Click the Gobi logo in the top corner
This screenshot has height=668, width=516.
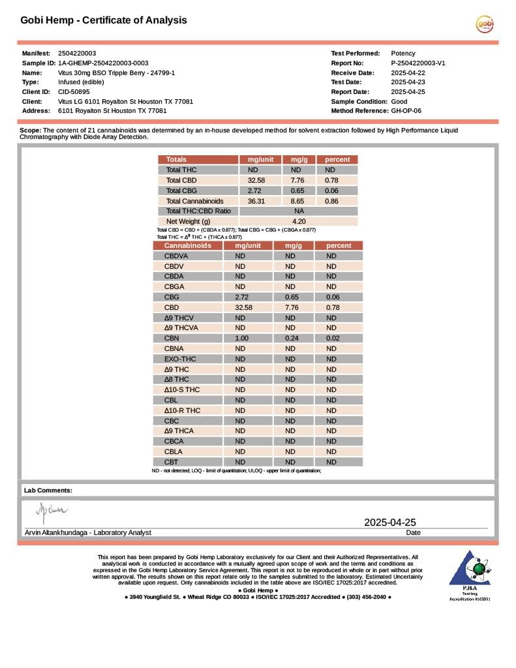pos(484,24)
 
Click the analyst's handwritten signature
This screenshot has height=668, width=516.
pos(52,511)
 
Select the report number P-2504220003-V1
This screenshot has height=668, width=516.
pos(417,63)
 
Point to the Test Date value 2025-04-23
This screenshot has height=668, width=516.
pos(408,82)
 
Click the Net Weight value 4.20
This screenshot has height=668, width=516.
pos(299,222)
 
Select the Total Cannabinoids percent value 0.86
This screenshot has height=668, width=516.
pos(331,201)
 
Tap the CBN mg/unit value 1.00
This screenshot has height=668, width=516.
pos(241,338)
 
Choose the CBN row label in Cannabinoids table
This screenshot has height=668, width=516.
pos(172,338)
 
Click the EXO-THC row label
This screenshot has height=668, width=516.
pos(179,359)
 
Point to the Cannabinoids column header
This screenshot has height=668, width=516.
pos(187,246)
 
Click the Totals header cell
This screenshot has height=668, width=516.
pos(176,159)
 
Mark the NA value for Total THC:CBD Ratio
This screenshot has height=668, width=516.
pos(299,211)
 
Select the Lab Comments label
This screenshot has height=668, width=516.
pos(48,490)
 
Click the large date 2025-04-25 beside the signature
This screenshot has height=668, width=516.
pos(389,522)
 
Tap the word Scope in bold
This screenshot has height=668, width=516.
pos(30,130)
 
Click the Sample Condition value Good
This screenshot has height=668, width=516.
pos(399,102)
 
